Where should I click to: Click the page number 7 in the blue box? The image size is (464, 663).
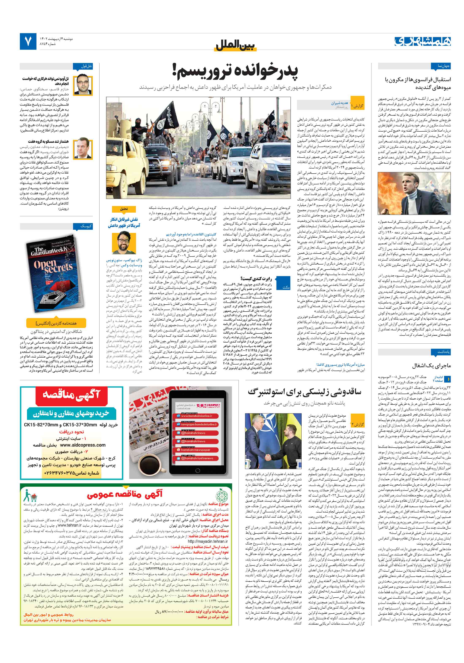pos(28,41)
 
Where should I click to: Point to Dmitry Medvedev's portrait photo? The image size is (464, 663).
pos(83,148)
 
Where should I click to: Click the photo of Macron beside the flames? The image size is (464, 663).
pos(414,193)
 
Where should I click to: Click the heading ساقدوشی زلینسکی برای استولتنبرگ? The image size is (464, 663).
pos(304,392)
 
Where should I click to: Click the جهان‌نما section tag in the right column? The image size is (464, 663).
pos(444,66)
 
